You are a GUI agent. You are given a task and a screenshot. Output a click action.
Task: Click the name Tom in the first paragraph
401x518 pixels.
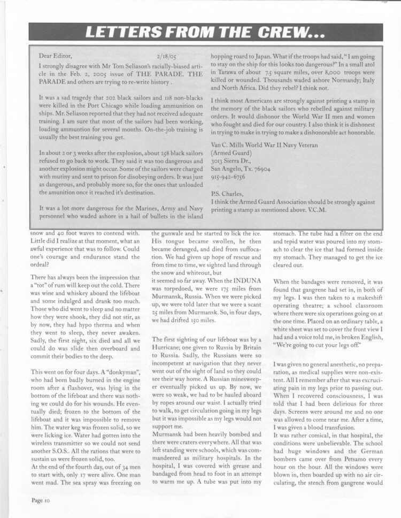click(118, 66)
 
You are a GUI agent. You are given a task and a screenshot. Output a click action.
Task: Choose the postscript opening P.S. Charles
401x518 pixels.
click(227, 193)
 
